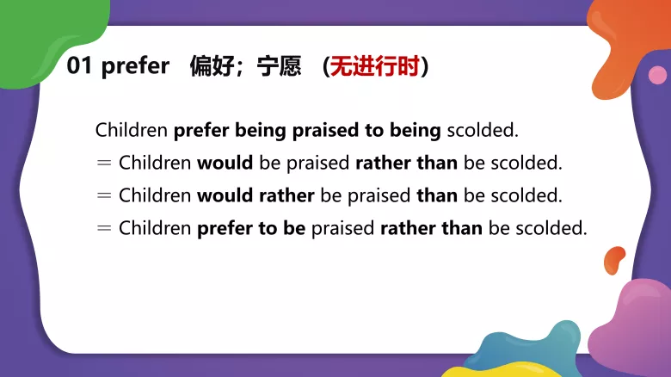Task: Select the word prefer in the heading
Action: pyautogui.click(x=135, y=67)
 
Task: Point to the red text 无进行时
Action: pyautogui.click(x=376, y=66)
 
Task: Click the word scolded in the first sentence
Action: pyautogui.click(x=483, y=131)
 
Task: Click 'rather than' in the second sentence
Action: pyautogui.click(x=406, y=163)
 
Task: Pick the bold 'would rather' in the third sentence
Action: pyautogui.click(x=256, y=195)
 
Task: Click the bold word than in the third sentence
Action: pyautogui.click(x=437, y=195)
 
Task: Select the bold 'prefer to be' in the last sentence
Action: pyautogui.click(x=251, y=228)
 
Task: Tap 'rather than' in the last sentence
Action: pyautogui.click(x=431, y=228)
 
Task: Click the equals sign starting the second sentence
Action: pyautogui.click(x=104, y=163)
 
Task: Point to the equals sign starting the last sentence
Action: pyautogui.click(x=104, y=228)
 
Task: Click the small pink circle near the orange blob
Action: pyautogui.click(x=657, y=76)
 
